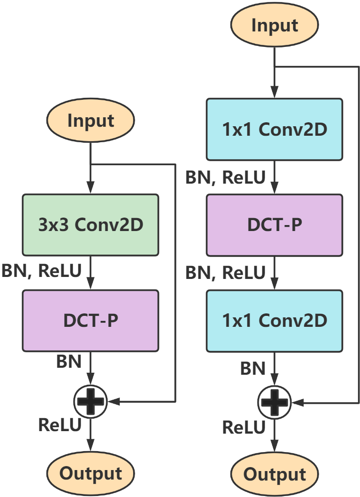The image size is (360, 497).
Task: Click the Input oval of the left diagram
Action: (90, 121)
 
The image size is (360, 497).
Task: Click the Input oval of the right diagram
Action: (274, 25)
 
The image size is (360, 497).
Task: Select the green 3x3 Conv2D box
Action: (90, 225)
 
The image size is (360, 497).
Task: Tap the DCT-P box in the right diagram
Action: (274, 225)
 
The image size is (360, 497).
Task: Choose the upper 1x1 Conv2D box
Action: (274, 129)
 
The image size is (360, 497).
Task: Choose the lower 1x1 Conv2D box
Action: (274, 320)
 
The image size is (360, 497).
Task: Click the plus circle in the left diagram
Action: (90, 401)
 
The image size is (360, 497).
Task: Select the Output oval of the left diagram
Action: (90, 473)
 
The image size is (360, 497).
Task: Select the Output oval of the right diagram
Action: (274, 474)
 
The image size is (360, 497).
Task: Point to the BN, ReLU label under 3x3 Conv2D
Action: (42, 272)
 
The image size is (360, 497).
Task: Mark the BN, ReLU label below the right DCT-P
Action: (225, 272)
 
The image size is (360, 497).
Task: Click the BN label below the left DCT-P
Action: (69, 362)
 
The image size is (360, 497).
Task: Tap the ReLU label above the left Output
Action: (60, 425)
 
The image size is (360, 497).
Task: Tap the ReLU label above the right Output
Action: (243, 427)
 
